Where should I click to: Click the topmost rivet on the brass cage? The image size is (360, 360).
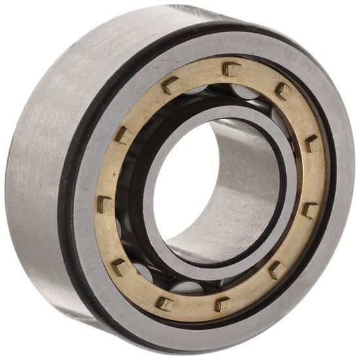[x=230, y=68]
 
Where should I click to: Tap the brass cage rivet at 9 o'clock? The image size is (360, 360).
[x=105, y=204]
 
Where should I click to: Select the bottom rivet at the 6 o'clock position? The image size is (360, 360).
[x=223, y=304]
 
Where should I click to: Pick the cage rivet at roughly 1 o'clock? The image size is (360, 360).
[x=284, y=90]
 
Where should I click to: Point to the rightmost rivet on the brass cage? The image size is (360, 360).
[x=310, y=210]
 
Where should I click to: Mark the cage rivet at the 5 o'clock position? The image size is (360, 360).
[x=277, y=269]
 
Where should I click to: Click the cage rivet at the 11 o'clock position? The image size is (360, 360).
[x=171, y=84]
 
